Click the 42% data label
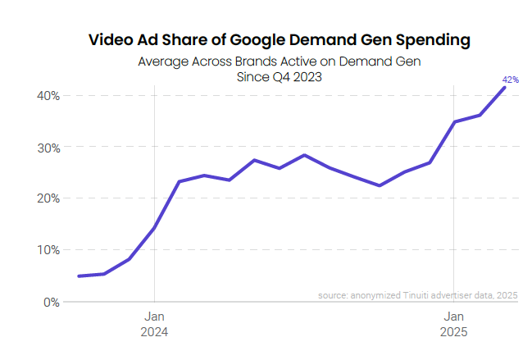tap(510, 80)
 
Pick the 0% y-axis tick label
tap(51, 302)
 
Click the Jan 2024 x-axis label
tap(155, 324)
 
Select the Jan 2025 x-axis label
tap(454, 324)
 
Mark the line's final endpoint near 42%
tap(504, 88)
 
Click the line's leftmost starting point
tap(79, 276)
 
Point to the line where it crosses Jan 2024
tap(155, 227)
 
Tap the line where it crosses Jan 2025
tap(454, 122)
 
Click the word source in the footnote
tap(333, 295)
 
